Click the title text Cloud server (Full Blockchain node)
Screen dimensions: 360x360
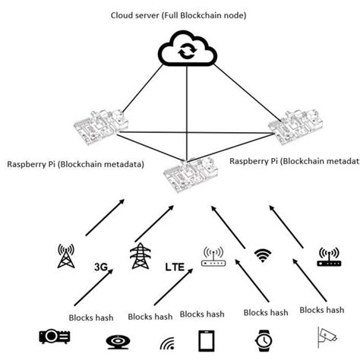click(x=179, y=14)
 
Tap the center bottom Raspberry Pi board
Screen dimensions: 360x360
click(x=188, y=177)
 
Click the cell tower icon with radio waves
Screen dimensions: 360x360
click(x=67, y=256)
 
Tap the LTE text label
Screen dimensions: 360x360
click(x=176, y=268)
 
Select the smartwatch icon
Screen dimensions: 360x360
click(x=263, y=339)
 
